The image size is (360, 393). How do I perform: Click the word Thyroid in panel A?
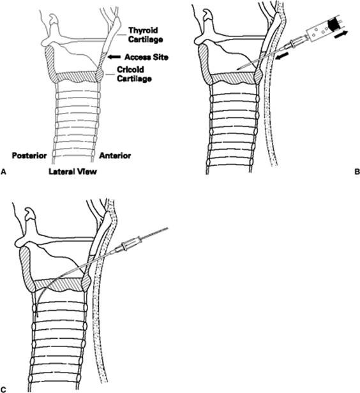point(143,31)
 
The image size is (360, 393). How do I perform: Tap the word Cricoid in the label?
point(130,70)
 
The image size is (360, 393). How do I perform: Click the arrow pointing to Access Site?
point(114,57)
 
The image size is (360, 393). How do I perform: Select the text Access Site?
point(146,57)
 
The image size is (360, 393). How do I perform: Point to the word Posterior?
point(29,156)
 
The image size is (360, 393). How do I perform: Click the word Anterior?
point(115,156)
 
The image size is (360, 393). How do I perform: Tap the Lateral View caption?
point(73,172)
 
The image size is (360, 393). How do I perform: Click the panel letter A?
point(3,172)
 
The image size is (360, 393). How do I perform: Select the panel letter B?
point(357,172)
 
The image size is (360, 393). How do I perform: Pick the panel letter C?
point(3,390)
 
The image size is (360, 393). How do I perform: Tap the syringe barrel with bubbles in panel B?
point(317,33)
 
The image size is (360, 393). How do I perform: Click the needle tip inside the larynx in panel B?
point(237,68)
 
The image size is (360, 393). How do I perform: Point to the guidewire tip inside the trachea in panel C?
point(37,316)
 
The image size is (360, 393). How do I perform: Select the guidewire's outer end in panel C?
point(167,228)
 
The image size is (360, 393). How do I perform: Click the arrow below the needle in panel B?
point(282,56)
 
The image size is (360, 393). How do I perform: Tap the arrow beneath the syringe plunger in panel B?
point(341,34)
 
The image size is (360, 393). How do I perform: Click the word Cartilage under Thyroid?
point(146,40)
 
